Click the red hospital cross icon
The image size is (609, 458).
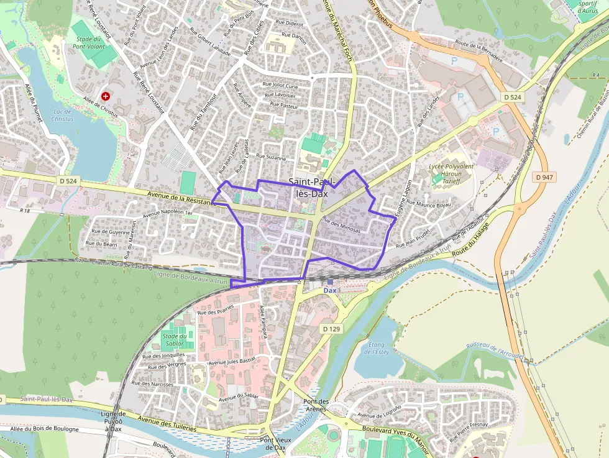tap(106, 96)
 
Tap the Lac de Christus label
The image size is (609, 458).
tap(62, 115)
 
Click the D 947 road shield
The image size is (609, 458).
tap(544, 177)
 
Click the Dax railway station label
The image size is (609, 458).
tap(329, 290)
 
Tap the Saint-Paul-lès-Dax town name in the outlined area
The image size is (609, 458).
tap(312, 187)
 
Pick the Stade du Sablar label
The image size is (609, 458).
tap(175, 340)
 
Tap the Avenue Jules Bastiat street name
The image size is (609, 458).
tap(232, 360)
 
